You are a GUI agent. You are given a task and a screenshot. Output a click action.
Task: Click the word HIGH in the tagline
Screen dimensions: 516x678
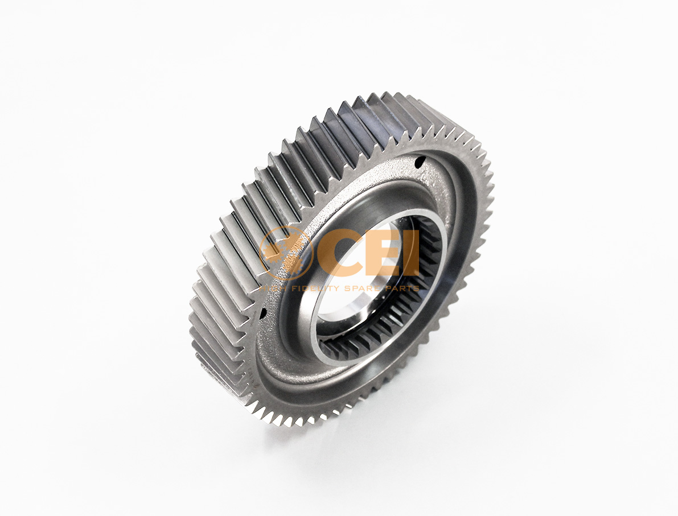(x=273, y=288)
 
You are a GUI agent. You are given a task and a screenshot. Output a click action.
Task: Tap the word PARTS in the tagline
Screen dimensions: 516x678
(x=402, y=288)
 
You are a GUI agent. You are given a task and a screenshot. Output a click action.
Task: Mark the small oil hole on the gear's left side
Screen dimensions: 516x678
(x=263, y=312)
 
